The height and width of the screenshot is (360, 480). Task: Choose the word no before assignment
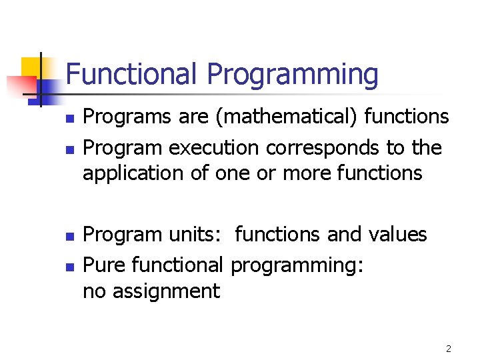pos(94,292)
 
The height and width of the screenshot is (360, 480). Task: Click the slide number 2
pos(449,348)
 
